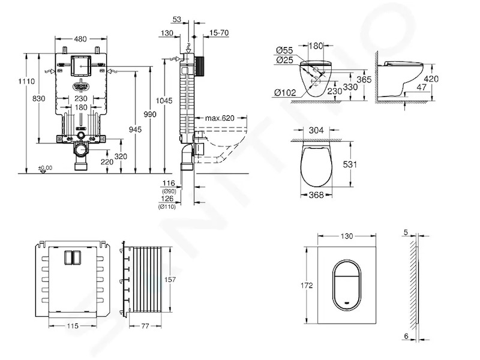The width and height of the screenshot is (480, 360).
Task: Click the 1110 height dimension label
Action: [26, 82]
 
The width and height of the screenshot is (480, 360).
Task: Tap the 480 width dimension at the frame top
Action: [80, 39]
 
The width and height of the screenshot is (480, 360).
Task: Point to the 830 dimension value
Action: [38, 98]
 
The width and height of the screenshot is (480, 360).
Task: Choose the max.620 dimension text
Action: [220, 118]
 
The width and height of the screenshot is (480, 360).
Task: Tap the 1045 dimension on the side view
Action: [164, 100]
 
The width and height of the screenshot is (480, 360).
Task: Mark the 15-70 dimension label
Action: [219, 33]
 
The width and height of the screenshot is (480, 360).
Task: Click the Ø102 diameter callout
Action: [286, 92]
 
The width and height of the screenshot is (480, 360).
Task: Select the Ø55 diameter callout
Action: [284, 50]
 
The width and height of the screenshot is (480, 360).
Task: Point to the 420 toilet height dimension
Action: [431, 79]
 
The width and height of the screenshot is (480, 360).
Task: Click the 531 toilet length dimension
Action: [350, 164]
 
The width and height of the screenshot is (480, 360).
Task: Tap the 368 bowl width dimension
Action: [316, 194]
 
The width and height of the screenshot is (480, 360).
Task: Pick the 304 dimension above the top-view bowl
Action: [316, 130]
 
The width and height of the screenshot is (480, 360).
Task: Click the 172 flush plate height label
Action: [307, 286]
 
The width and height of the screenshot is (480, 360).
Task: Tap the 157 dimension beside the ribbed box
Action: [170, 280]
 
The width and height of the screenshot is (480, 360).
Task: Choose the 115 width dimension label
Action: [73, 326]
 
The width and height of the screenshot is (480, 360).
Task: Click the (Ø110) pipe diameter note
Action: [167, 207]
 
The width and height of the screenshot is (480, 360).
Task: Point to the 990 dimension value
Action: [149, 114]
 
